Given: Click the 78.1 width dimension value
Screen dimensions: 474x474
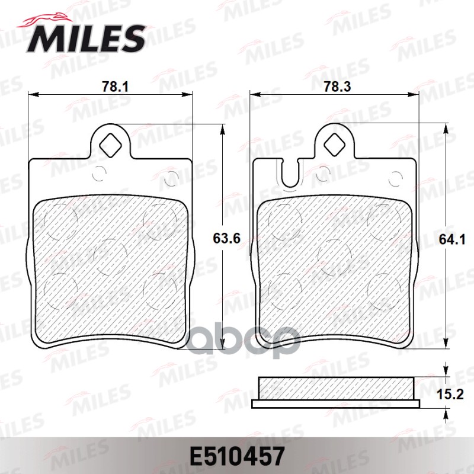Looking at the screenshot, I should (x=115, y=87).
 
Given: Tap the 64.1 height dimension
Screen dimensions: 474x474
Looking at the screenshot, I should (x=454, y=239).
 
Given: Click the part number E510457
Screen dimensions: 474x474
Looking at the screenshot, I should (x=237, y=455).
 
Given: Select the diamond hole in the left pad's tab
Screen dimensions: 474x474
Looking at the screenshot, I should (x=110, y=143).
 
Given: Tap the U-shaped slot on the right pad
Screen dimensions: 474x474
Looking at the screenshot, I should (x=291, y=174).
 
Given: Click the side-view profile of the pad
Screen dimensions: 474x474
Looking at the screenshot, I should (x=336, y=393).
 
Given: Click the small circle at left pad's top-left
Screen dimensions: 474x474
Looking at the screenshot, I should (x=99, y=175).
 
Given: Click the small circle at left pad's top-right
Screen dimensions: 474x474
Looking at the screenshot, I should (x=172, y=175).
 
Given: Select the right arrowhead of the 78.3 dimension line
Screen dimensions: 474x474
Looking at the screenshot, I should (x=416, y=94).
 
